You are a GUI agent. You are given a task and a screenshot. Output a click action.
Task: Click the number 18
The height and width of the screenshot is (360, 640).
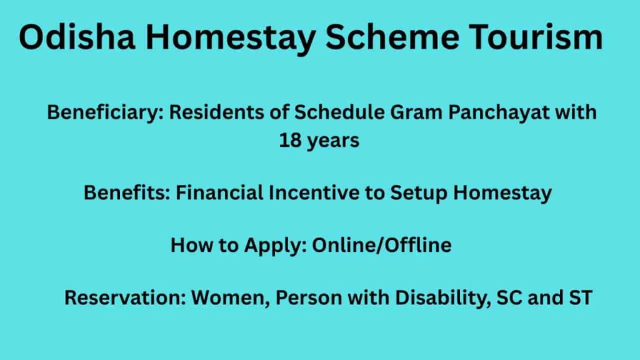tap(290, 141)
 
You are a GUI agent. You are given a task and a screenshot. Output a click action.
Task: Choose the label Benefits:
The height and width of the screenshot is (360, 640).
tap(127, 193)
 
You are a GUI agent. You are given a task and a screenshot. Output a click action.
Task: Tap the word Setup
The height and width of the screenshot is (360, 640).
tap(419, 194)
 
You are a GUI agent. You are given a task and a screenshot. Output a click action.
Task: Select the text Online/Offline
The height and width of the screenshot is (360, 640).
tap(381, 246)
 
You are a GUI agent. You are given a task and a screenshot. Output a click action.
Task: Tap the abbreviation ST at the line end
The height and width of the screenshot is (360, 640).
tap(579, 298)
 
